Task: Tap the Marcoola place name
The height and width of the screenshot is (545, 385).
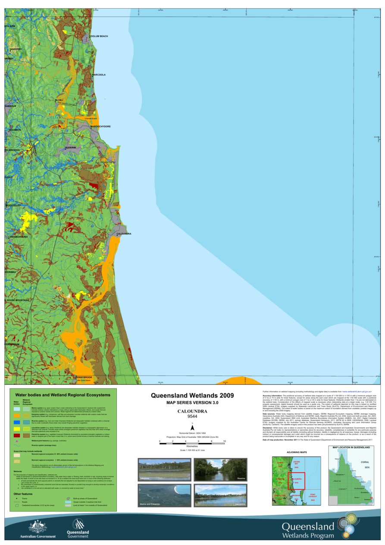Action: coord(99,75)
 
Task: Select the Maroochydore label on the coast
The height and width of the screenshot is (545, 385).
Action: coord(100,126)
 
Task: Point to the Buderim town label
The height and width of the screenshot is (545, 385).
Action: coord(70,147)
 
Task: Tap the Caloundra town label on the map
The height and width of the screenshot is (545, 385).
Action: coord(124,234)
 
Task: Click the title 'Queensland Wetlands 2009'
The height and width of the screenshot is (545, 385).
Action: coord(192,395)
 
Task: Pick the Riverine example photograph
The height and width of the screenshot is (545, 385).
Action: coord(220,470)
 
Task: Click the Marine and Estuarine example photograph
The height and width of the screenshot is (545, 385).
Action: coord(164,495)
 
